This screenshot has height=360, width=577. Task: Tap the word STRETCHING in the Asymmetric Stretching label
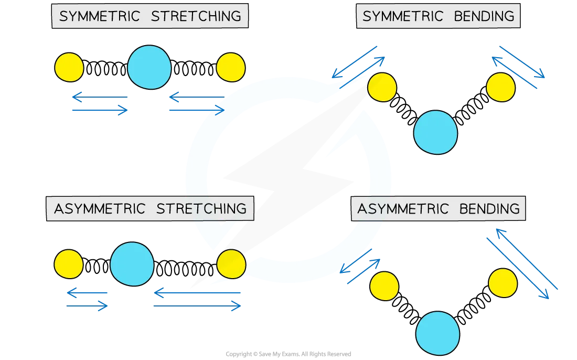[x=201, y=208]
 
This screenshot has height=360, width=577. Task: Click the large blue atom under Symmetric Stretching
[x=149, y=68]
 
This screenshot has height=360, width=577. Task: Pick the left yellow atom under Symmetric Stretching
[x=69, y=68]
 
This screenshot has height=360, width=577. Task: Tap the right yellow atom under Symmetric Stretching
[x=230, y=67]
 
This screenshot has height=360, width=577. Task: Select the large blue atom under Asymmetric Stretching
[x=132, y=264]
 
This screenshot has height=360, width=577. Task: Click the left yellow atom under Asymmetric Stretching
[x=69, y=264]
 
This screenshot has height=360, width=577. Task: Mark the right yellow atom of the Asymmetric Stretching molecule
[x=231, y=264]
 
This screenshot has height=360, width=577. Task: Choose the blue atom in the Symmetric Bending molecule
[x=435, y=132]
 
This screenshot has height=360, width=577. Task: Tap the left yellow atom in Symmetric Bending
[x=382, y=87]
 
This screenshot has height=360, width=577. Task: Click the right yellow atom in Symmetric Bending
[x=501, y=87]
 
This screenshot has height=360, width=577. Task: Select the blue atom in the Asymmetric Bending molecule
[x=438, y=333]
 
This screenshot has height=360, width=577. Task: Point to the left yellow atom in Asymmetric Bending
[x=384, y=286]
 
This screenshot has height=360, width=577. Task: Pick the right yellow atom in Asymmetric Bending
[x=503, y=283]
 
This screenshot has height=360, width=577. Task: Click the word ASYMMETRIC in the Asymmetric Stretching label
[x=100, y=208]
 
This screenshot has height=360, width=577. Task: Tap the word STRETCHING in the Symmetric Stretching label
[x=196, y=16]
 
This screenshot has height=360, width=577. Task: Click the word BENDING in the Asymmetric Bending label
[x=489, y=209]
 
